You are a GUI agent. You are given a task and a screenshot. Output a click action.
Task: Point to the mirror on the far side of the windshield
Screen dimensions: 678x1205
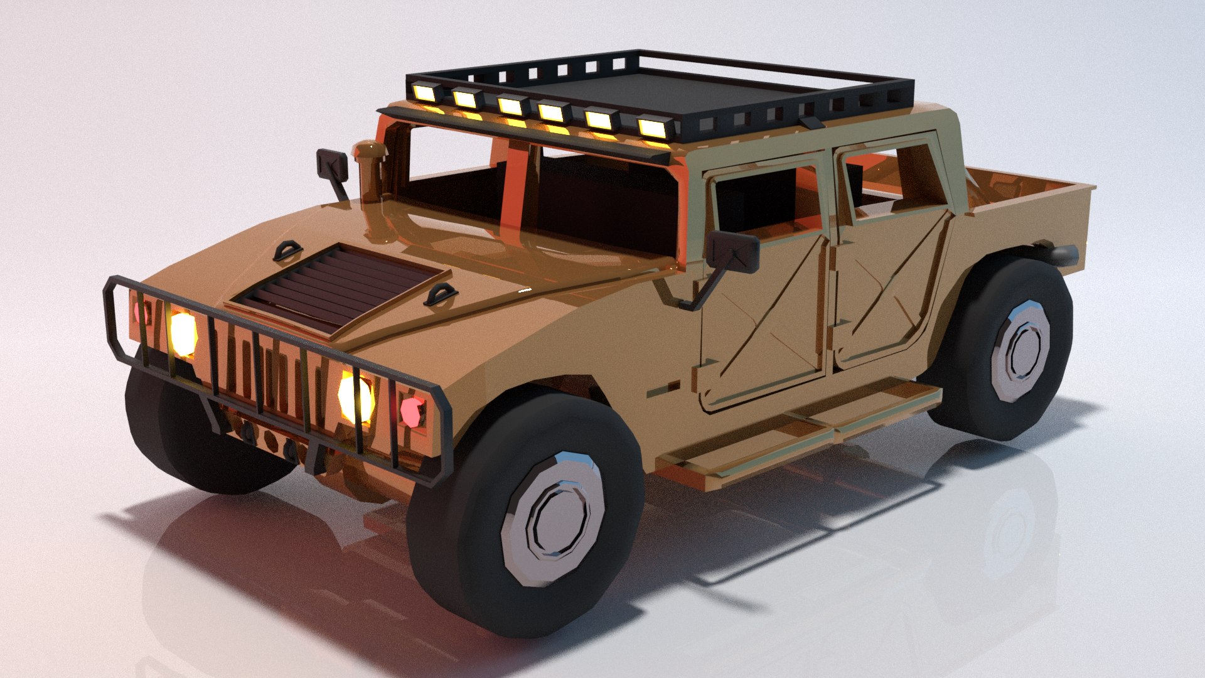(x=332, y=164)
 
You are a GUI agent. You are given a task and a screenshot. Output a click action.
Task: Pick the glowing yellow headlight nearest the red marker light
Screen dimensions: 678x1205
(x=356, y=395)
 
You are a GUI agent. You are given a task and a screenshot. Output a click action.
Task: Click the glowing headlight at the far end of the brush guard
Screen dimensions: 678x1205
(x=183, y=333)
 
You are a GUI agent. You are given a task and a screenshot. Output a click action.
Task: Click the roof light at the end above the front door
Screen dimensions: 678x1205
(x=653, y=127)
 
